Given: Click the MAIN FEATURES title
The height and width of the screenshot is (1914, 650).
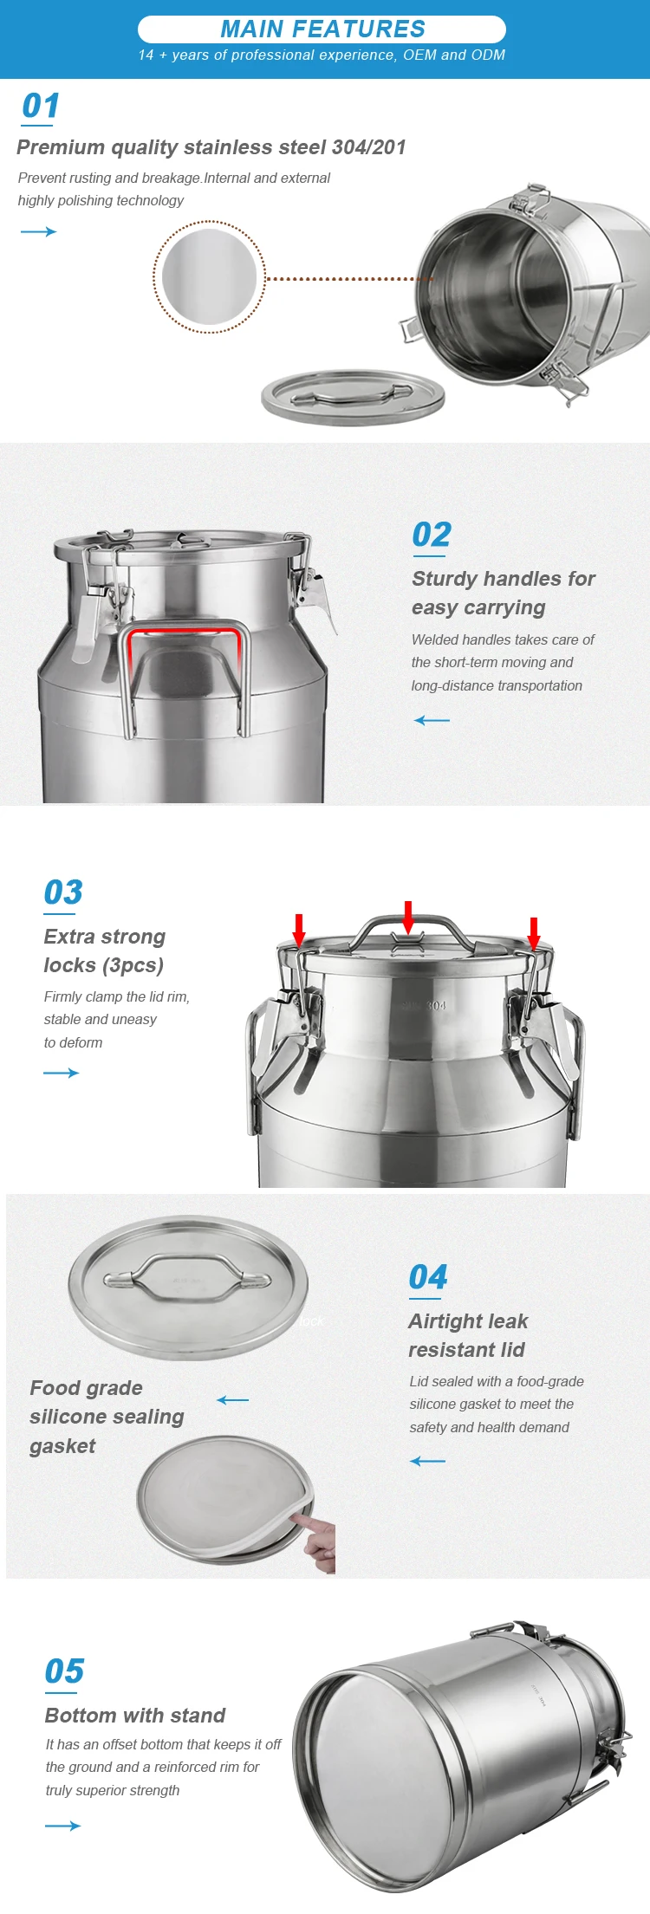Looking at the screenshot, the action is click(x=322, y=29).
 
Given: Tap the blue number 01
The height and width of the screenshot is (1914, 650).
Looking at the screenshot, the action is click(x=41, y=106).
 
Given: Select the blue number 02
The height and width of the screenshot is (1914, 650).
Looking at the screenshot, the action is click(x=432, y=535).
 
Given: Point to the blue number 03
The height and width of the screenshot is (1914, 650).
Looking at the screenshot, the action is click(x=63, y=892).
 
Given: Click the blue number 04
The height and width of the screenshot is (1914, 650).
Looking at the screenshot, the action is click(x=428, y=1277).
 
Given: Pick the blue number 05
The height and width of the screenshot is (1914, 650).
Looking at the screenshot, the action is click(x=64, y=1671).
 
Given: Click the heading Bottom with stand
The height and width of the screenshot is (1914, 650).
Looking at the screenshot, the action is click(x=135, y=1716).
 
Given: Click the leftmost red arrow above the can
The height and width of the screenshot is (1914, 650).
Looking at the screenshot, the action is click(x=299, y=931).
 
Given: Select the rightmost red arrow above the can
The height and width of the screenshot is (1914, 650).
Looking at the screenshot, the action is click(x=534, y=933).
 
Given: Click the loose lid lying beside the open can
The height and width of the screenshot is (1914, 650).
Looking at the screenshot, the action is click(x=353, y=398).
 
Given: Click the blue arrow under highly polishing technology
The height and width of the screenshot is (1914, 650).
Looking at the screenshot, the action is click(x=38, y=231).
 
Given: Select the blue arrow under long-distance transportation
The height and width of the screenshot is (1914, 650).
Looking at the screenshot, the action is click(x=432, y=720).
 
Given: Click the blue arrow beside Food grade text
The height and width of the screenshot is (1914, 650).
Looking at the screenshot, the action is click(x=232, y=1400).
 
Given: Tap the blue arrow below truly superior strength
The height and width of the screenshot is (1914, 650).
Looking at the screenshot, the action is click(x=62, y=1826).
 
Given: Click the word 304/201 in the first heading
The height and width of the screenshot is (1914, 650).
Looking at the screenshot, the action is click(x=369, y=147).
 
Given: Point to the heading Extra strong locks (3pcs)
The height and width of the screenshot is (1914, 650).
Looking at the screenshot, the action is click(x=104, y=951).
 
